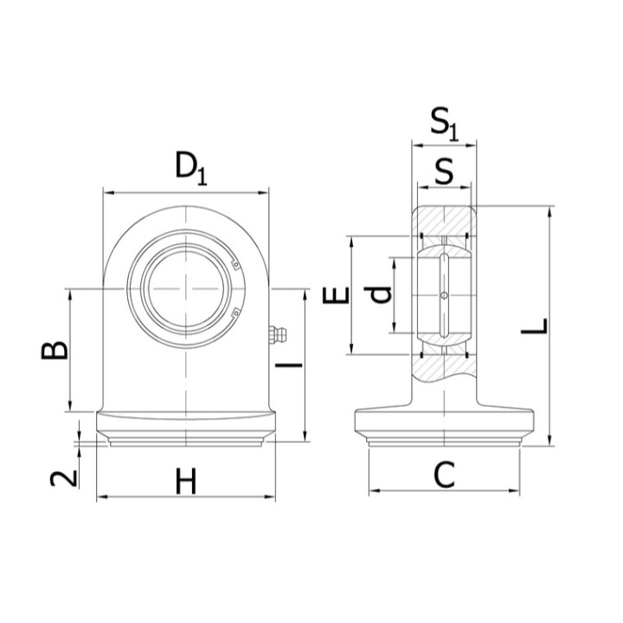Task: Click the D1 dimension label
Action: click(191, 169)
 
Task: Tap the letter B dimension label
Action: click(55, 350)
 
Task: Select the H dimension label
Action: click(186, 482)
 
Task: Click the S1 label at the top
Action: click(445, 123)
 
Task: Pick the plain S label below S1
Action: click(444, 170)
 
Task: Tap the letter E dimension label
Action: click(336, 295)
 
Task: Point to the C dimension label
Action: click(444, 475)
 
